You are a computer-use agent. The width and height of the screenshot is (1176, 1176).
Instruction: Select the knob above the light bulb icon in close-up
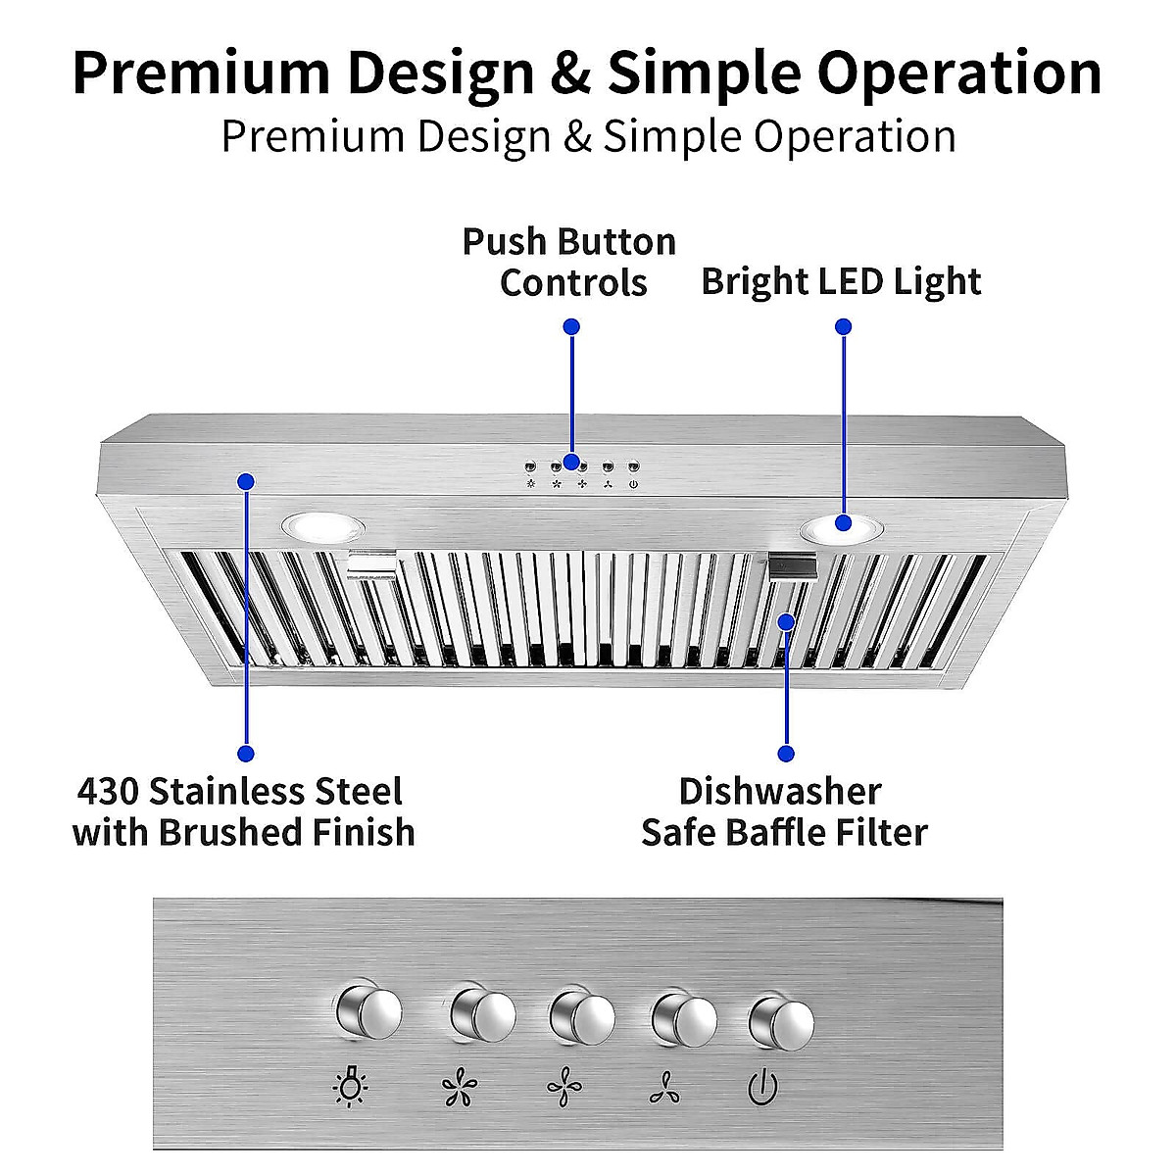point(368,1011)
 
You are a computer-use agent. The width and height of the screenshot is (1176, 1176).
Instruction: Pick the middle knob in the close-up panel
point(582,1016)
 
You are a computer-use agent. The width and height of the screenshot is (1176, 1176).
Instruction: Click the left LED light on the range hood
point(322,528)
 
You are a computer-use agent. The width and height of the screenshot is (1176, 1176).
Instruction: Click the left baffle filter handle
point(371,563)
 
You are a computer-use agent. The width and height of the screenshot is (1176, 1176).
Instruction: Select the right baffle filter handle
point(796,565)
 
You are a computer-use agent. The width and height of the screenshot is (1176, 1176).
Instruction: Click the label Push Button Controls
point(569,262)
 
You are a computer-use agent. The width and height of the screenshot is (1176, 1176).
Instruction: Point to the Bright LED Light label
point(841,282)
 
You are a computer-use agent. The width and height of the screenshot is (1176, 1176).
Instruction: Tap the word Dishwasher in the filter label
point(780,791)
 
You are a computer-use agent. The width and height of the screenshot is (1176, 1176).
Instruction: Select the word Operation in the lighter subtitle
point(855,136)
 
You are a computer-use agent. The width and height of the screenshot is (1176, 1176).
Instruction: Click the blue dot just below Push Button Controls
point(571,326)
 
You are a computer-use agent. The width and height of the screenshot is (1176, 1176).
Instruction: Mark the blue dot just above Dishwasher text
point(785,753)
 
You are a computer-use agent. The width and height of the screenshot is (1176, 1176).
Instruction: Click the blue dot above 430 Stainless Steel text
point(246,753)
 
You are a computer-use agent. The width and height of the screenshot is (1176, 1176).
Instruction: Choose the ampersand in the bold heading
point(570,73)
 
